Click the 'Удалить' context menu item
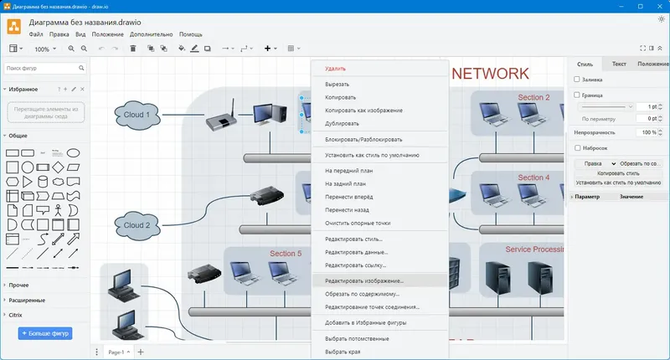click(335, 69)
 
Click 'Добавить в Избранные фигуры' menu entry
click(366, 322)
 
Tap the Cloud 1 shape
click(137, 116)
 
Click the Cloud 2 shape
click(137, 225)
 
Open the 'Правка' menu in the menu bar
click(59, 34)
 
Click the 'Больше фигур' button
click(45, 333)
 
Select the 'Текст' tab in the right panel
click(619, 64)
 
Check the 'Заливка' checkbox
click(577, 80)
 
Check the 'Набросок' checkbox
click(577, 147)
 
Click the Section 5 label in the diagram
click(286, 253)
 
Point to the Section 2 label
click(533, 98)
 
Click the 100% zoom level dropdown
click(45, 49)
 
